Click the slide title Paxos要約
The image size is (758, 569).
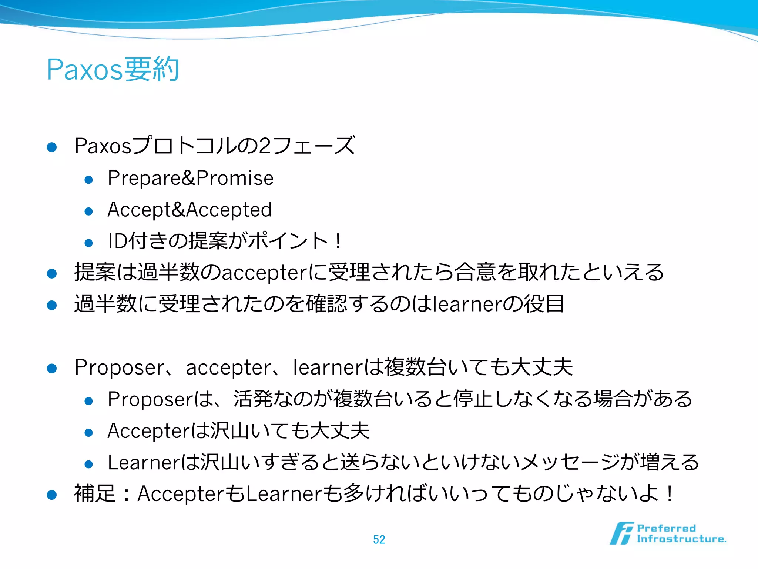point(113,69)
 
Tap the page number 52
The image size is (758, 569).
point(379,539)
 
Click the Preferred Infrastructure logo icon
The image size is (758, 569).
point(621,533)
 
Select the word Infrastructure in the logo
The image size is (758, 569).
point(681,539)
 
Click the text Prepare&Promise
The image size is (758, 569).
point(190,178)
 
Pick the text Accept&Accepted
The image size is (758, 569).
point(189,210)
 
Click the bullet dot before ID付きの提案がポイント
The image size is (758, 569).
point(88,243)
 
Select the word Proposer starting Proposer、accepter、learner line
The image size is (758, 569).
point(119,367)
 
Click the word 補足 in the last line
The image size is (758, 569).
point(95,494)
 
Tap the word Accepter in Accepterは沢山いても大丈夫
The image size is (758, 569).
point(148,431)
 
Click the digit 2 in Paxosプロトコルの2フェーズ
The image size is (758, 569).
point(265,146)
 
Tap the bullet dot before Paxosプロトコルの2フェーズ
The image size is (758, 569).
point(52,147)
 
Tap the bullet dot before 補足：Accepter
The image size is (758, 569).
point(52,495)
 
